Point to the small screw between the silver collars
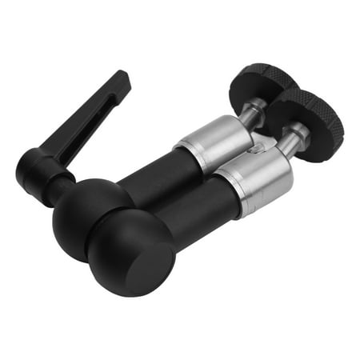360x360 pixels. click(254, 148)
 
